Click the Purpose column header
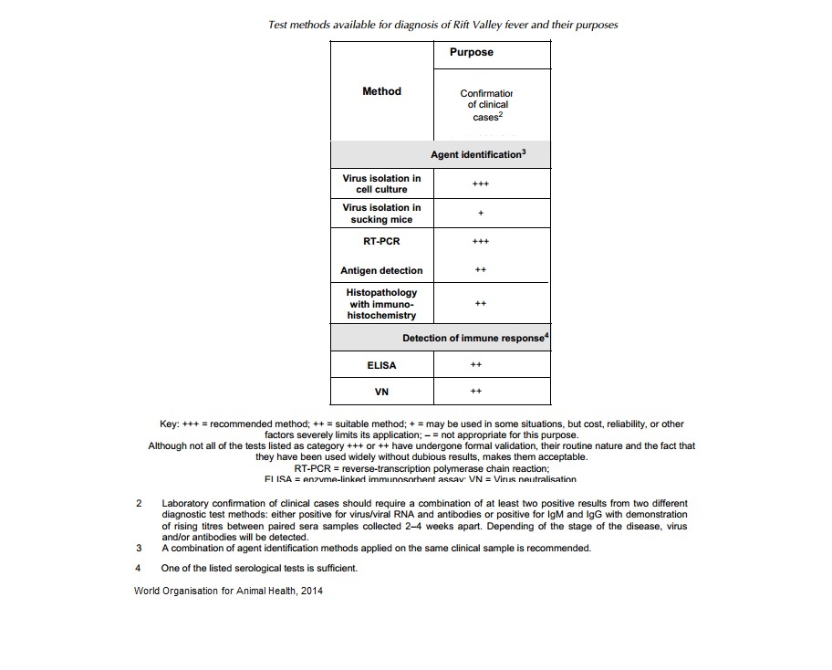click(471, 53)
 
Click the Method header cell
click(381, 91)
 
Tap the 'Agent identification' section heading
click(478, 155)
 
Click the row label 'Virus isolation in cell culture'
click(381, 183)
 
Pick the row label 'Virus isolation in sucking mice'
click(381, 214)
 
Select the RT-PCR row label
click(381, 242)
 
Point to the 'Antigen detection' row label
click(381, 271)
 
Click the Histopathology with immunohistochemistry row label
click(381, 304)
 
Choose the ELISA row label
click(381, 365)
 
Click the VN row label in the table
click(381, 393)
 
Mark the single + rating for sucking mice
click(481, 214)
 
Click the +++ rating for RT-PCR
click(481, 242)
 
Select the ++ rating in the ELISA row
click(475, 365)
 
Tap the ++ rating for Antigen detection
click(481, 271)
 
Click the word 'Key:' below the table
click(171, 424)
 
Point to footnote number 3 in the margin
click(138, 549)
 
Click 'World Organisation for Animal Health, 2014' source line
click(227, 591)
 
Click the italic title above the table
click(442, 25)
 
